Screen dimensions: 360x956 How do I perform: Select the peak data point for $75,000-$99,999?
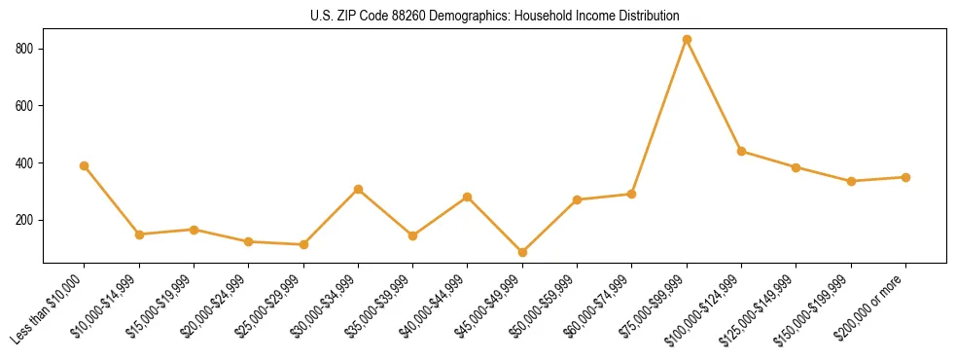pos(687,40)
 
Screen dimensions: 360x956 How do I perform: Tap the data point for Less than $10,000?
pos(85,165)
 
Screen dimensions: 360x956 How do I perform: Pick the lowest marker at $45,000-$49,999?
pos(522,252)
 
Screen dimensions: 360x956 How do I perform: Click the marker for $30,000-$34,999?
pos(358,189)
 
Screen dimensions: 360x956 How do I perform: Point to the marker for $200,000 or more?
pos(905,177)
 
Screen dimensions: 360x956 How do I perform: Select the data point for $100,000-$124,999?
pos(741,151)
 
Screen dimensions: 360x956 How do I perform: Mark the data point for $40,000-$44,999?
pos(468,197)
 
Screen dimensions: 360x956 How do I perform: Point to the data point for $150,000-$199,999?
pos(851,181)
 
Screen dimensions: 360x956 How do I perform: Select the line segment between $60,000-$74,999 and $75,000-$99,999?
pos(659,117)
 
